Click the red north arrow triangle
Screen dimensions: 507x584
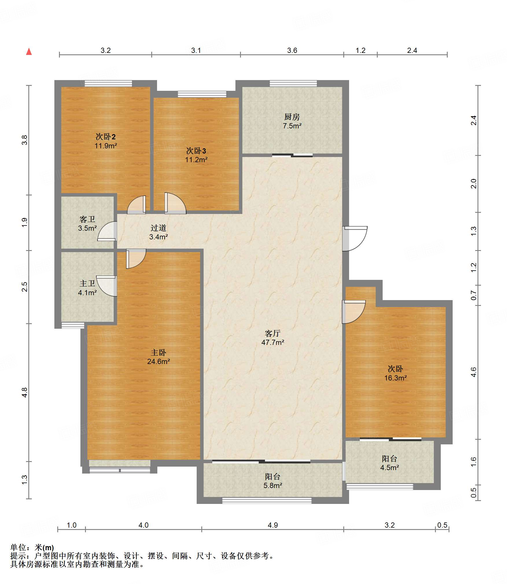click(x=29, y=51)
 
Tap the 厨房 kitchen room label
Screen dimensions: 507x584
click(x=292, y=117)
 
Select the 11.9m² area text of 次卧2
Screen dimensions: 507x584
click(x=106, y=146)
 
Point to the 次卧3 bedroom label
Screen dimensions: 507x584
click(x=196, y=151)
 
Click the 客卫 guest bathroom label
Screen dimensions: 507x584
click(x=87, y=219)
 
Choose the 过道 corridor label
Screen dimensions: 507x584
click(x=158, y=228)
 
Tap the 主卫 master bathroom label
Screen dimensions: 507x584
click(x=87, y=284)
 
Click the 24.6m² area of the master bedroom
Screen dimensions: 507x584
click(x=158, y=361)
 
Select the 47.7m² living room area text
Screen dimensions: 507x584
click(x=273, y=342)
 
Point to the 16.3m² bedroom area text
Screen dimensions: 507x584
click(x=395, y=378)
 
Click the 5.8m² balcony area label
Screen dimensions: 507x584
click(x=273, y=485)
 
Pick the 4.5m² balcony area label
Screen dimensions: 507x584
click(x=390, y=467)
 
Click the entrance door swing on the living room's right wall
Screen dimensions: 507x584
click(x=355, y=239)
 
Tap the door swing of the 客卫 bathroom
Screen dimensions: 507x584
click(x=107, y=231)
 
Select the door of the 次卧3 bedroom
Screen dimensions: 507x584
click(x=175, y=203)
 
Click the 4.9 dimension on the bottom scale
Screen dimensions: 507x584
click(x=273, y=525)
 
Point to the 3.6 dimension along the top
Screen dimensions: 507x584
click(x=292, y=50)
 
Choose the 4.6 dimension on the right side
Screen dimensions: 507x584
click(x=473, y=372)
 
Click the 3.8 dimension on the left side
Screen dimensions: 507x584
click(x=25, y=140)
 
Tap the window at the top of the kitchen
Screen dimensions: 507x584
click(x=293, y=83)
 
